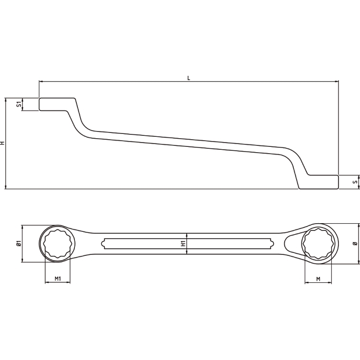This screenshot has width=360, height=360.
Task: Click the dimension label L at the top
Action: [x=189, y=78]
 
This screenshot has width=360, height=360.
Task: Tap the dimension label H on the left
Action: [x=2, y=143]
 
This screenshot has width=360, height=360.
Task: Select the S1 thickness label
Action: [x=19, y=104]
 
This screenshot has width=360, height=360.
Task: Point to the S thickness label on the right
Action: [x=356, y=182]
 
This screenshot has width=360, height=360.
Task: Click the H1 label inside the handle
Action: [x=183, y=243]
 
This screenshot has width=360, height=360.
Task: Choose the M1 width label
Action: [x=58, y=278]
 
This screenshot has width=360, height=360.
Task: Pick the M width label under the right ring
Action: [x=318, y=279]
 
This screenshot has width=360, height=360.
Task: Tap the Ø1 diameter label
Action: [x=19, y=243]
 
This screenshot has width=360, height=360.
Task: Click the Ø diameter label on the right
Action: [x=355, y=243]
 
